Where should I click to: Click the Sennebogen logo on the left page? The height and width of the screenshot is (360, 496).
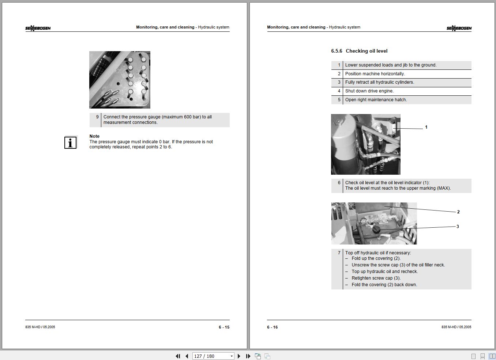[38, 28]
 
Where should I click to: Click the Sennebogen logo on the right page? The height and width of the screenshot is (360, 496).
[459, 28]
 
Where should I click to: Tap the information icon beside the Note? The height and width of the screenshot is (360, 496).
[70, 143]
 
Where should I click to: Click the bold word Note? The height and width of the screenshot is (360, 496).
[94, 136]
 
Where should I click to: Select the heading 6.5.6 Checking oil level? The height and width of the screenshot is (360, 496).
[359, 51]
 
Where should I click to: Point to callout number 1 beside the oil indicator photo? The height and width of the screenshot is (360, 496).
[426, 127]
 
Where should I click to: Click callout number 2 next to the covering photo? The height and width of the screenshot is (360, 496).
[458, 212]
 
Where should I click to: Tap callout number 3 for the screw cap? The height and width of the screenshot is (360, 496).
[457, 227]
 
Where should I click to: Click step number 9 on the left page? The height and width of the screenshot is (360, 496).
[97, 117]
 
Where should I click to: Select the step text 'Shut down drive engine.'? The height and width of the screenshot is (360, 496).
[369, 91]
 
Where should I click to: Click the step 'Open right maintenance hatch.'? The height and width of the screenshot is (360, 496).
[376, 100]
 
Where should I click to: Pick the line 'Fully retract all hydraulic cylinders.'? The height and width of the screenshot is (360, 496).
[380, 82]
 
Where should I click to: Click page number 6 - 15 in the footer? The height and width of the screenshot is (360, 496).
[224, 327]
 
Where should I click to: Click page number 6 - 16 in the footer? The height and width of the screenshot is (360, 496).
[273, 327]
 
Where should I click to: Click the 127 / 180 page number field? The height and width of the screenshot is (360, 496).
[210, 356]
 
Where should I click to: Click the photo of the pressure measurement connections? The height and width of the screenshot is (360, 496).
[120, 80]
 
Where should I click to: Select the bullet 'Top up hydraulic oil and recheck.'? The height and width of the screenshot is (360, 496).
[384, 272]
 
